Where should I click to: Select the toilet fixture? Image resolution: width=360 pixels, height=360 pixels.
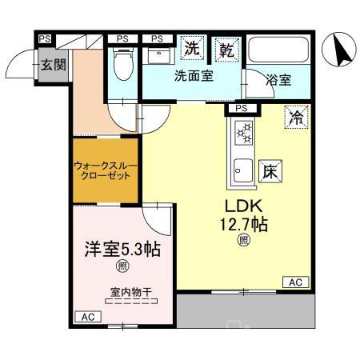(122, 64)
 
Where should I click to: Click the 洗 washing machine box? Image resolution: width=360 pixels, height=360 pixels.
(192, 49)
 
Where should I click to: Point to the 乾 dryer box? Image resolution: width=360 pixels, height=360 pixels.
(226, 49)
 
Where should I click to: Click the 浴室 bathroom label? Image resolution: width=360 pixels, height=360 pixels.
(279, 80)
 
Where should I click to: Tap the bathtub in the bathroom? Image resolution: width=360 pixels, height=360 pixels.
(278, 52)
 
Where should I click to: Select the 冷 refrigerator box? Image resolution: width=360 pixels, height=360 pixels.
(296, 118)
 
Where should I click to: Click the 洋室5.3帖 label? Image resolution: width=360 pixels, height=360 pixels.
(122, 249)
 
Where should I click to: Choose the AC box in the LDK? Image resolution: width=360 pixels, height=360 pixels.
(294, 282)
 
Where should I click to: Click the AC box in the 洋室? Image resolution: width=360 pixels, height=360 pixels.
(87, 317)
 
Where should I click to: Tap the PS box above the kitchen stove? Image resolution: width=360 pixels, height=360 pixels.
(242, 109)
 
